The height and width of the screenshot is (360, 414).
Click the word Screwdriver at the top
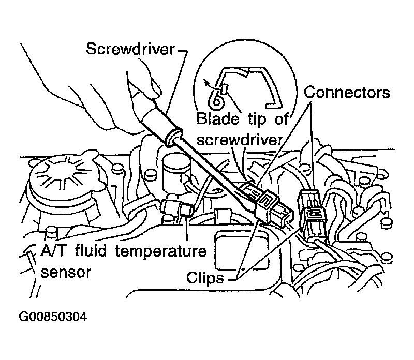click(x=131, y=49)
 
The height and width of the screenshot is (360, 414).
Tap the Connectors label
click(x=347, y=93)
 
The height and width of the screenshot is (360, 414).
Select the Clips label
click(x=205, y=278)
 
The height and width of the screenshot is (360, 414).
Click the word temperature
click(x=161, y=251)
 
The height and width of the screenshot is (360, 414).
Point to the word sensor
click(x=66, y=273)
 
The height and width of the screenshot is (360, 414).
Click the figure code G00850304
click(x=53, y=317)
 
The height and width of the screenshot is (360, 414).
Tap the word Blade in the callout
click(x=217, y=118)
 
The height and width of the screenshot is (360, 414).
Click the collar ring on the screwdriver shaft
click(x=173, y=137)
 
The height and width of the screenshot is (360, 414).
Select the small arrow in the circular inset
click(x=209, y=83)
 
